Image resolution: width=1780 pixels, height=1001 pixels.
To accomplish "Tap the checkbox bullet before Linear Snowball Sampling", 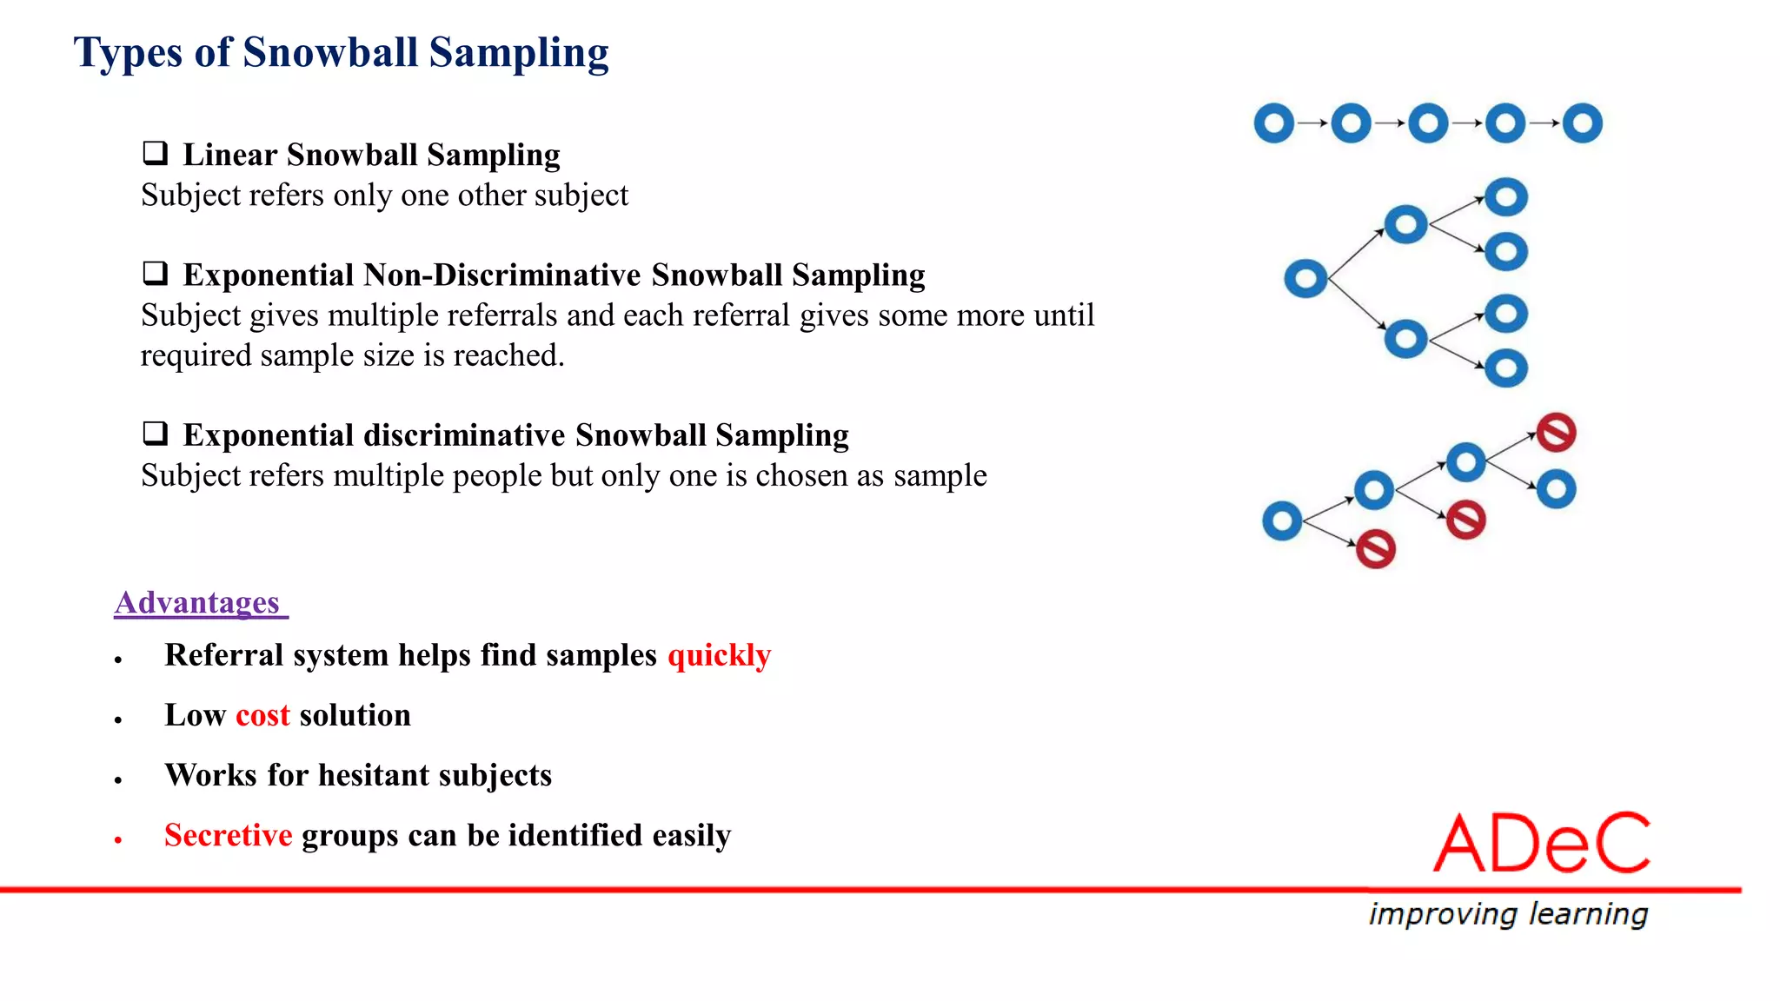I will (x=155, y=154).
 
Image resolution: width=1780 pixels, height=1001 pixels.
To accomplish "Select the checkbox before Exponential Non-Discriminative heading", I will (x=155, y=274).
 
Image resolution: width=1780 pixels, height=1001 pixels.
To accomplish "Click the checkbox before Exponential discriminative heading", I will (x=155, y=434).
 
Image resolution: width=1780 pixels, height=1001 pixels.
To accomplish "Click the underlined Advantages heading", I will (x=197, y=602).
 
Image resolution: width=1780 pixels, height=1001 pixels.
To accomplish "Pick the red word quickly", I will (x=719, y=655).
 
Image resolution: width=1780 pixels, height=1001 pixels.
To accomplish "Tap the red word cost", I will (x=262, y=715).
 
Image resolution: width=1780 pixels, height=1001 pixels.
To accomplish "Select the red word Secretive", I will (x=228, y=835).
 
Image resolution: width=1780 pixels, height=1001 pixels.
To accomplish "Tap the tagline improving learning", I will (x=1508, y=914).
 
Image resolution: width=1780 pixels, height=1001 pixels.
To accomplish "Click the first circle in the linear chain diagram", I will (x=1274, y=123).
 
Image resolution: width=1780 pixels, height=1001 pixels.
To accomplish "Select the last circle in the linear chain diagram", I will (x=1582, y=123).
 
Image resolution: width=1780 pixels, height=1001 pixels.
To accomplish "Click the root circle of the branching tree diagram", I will (x=1305, y=279).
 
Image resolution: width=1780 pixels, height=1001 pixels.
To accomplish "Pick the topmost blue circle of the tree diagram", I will (x=1506, y=197).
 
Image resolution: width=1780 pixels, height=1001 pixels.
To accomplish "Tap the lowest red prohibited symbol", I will (x=1376, y=549).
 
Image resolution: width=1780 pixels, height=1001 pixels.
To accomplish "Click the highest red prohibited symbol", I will (x=1556, y=433).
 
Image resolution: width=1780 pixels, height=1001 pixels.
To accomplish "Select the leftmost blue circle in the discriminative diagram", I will (x=1282, y=521).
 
